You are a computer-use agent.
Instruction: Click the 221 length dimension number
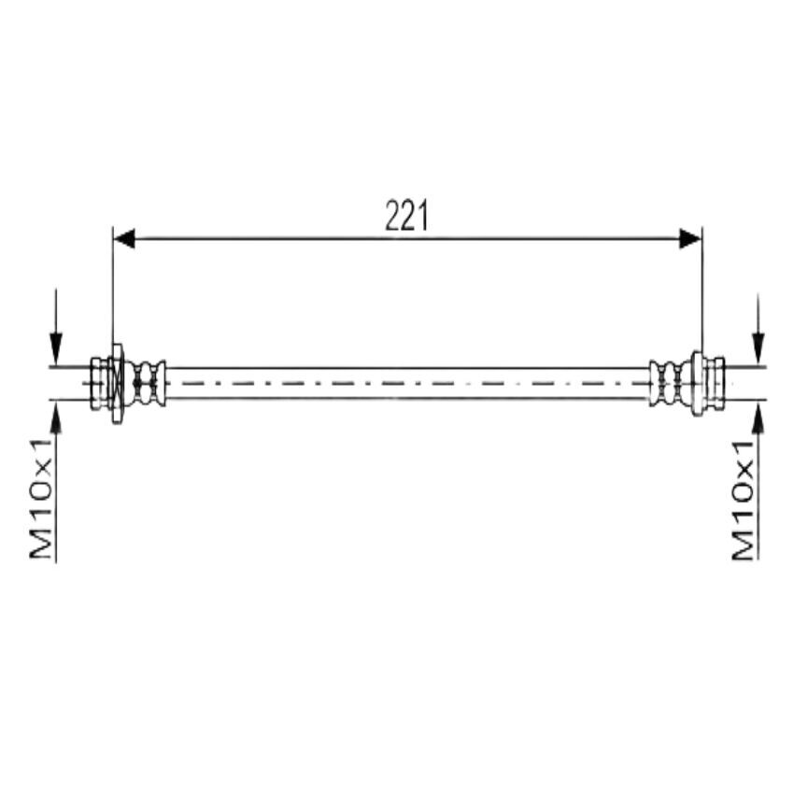[406, 216]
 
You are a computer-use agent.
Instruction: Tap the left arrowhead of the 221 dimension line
[124, 238]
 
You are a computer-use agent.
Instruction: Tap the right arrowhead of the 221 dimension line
[690, 238]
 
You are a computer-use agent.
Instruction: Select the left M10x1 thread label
[40, 499]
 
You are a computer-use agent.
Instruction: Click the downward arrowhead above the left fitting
[56, 348]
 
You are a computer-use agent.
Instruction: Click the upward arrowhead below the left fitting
[56, 418]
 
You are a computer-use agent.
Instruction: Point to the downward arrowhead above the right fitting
[759, 348]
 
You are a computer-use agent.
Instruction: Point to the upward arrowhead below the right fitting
[759, 418]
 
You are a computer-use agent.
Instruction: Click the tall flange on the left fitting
[117, 383]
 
